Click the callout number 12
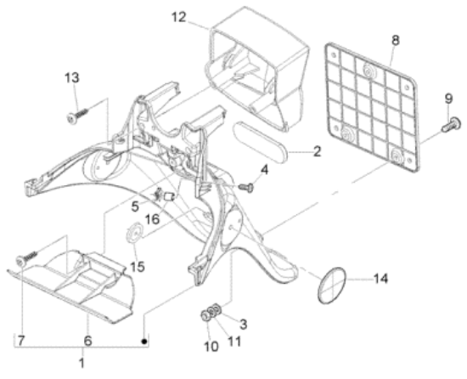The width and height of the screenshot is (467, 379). [x=179, y=17]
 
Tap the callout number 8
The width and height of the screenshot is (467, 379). [x=395, y=40]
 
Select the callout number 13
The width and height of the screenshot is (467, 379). [x=72, y=78]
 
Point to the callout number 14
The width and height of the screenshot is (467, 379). [x=380, y=279]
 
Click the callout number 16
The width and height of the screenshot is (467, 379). [x=152, y=219]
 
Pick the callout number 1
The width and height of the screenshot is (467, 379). [x=82, y=363]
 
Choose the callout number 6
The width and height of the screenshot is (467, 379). [x=87, y=341]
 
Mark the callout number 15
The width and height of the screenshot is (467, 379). [x=138, y=266]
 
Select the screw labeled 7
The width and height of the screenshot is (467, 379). [x=27, y=258]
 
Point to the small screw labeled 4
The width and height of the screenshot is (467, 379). [x=246, y=187]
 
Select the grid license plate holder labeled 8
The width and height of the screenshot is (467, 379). [x=372, y=108]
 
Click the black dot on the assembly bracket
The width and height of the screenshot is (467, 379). [x=144, y=342]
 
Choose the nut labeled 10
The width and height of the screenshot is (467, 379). [x=205, y=315]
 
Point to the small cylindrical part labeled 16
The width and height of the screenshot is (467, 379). [x=170, y=196]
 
